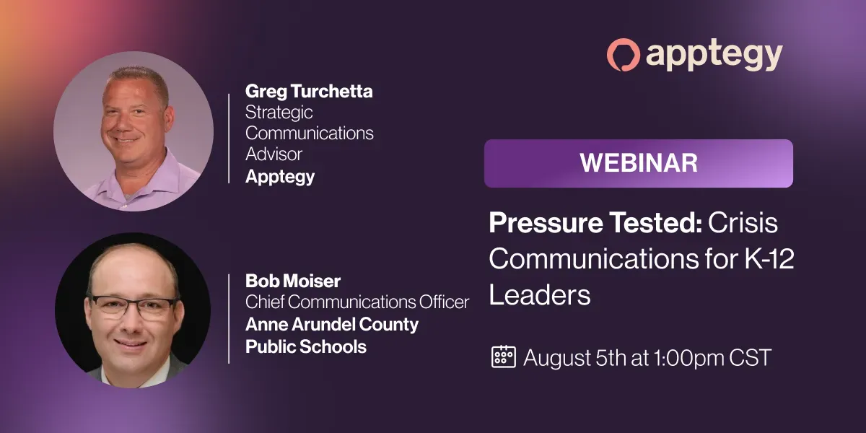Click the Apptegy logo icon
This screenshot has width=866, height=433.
[x=623, y=55]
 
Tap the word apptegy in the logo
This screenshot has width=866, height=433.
[x=714, y=56]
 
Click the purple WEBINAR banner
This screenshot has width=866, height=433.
[x=638, y=163]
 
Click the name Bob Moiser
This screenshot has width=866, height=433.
[x=293, y=281]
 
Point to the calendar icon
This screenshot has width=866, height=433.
[x=504, y=357]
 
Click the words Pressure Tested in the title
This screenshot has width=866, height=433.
[x=595, y=223]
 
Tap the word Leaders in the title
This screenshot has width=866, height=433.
[x=540, y=295]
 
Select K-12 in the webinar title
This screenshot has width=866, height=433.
[x=769, y=258]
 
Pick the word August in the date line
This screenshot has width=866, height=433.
[x=556, y=359]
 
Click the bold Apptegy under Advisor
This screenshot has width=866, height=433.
[x=280, y=177]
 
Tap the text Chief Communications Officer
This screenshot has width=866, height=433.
[x=357, y=302]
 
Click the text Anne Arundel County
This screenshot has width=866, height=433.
[x=332, y=324]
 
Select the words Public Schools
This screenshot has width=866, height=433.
[x=306, y=346]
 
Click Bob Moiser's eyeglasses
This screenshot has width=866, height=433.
[x=134, y=307]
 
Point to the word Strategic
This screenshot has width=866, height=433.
[x=279, y=113]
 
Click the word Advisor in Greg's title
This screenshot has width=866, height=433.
[x=274, y=154]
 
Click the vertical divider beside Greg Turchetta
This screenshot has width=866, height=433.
[x=229, y=139]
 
